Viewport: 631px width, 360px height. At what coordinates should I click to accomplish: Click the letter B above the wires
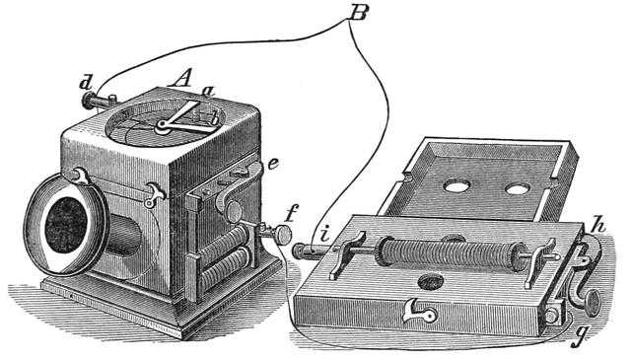358,15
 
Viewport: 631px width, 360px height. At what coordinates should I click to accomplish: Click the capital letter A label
180,77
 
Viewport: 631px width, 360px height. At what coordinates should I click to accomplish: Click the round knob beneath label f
282,235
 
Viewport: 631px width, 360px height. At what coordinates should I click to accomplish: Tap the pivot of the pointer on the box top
161,125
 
